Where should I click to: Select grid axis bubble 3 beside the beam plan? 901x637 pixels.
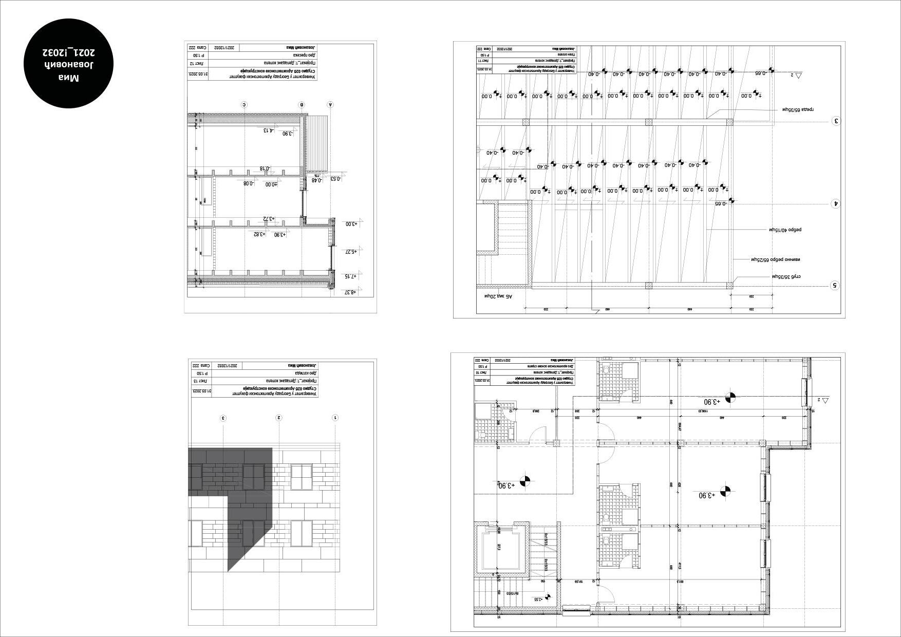click(836, 121)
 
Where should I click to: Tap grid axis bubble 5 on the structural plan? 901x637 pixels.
click(835, 285)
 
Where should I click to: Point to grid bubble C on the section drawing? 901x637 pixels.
click(244, 105)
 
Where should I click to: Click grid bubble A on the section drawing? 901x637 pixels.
click(330, 105)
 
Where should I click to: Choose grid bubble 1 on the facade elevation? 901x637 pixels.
click(335, 418)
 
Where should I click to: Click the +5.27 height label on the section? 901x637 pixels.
click(350, 251)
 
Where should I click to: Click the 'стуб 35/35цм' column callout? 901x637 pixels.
click(786, 276)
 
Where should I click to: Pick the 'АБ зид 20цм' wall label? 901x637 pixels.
click(498, 296)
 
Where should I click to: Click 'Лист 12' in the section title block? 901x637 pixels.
click(199, 63)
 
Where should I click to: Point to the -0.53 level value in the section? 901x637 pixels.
click(335, 179)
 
